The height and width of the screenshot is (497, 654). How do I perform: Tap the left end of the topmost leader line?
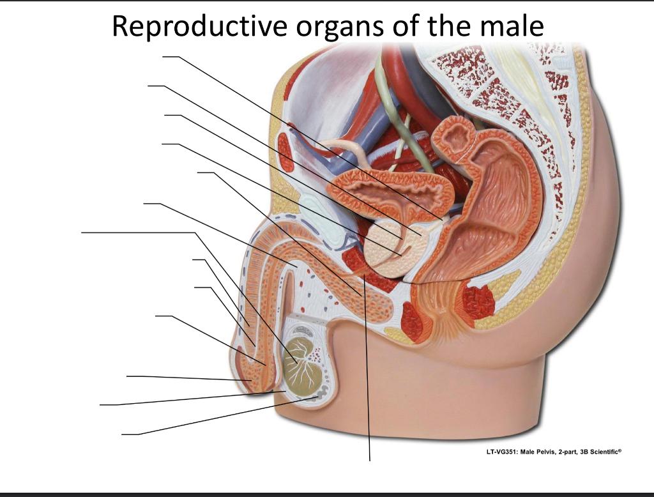click(163, 57)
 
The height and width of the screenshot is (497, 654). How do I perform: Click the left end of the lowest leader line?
click(123, 434)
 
